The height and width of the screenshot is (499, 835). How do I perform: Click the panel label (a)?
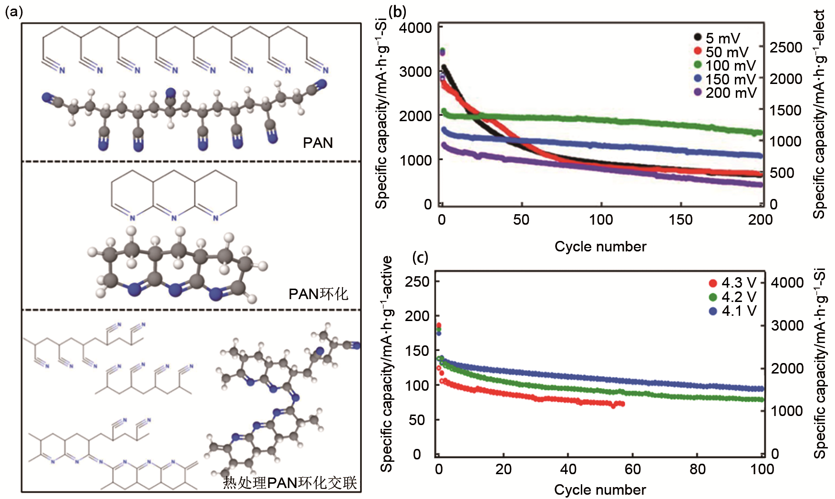(13, 12)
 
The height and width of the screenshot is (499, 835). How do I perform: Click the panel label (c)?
(420, 258)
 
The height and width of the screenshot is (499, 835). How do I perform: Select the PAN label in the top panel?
(318, 143)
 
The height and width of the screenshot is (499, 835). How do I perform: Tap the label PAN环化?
(318, 294)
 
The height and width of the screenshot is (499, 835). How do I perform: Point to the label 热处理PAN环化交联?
(290, 483)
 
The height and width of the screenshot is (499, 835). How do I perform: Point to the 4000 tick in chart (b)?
(415, 28)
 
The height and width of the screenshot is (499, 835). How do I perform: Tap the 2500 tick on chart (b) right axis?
(786, 48)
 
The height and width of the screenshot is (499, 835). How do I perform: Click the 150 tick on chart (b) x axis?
(680, 220)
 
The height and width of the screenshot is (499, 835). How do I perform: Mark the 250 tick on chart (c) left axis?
(417, 281)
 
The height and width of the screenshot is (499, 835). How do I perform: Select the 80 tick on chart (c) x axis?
(697, 469)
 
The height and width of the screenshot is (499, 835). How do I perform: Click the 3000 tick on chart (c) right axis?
(787, 325)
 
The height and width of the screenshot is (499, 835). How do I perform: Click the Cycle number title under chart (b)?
(600, 247)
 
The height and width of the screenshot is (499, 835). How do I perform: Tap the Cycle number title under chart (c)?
(600, 490)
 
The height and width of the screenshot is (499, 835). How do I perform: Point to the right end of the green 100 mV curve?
(760, 133)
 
